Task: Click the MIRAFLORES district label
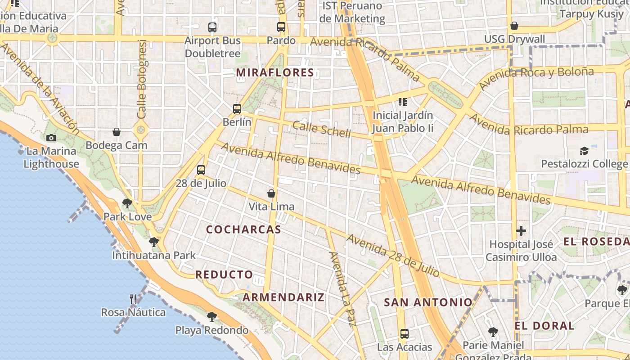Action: pyautogui.click(x=275, y=72)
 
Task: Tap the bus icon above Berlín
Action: pyautogui.click(x=237, y=108)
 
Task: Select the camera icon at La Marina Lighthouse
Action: pyautogui.click(x=51, y=138)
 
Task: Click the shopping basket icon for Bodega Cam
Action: pyautogui.click(x=117, y=132)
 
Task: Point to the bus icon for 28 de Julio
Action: pyautogui.click(x=201, y=170)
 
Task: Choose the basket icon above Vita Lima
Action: pyautogui.click(x=271, y=193)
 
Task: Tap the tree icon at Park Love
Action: pyautogui.click(x=127, y=203)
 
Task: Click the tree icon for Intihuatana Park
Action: pyautogui.click(x=154, y=242)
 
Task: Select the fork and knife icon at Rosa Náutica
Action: pyautogui.click(x=133, y=299)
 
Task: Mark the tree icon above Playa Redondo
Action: pyautogui.click(x=211, y=316)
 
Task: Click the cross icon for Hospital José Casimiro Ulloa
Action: pyautogui.click(x=521, y=231)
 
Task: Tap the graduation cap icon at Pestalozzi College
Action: pyautogui.click(x=584, y=151)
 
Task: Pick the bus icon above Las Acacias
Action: pyautogui.click(x=405, y=334)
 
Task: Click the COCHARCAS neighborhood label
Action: pyautogui.click(x=243, y=229)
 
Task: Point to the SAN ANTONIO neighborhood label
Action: pyautogui.click(x=428, y=302)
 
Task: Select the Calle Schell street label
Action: pyautogui.click(x=321, y=129)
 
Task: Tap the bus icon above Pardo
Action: pyautogui.click(x=281, y=27)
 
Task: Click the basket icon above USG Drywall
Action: pyautogui.click(x=514, y=26)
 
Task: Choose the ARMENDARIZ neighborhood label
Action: pyautogui.click(x=283, y=297)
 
